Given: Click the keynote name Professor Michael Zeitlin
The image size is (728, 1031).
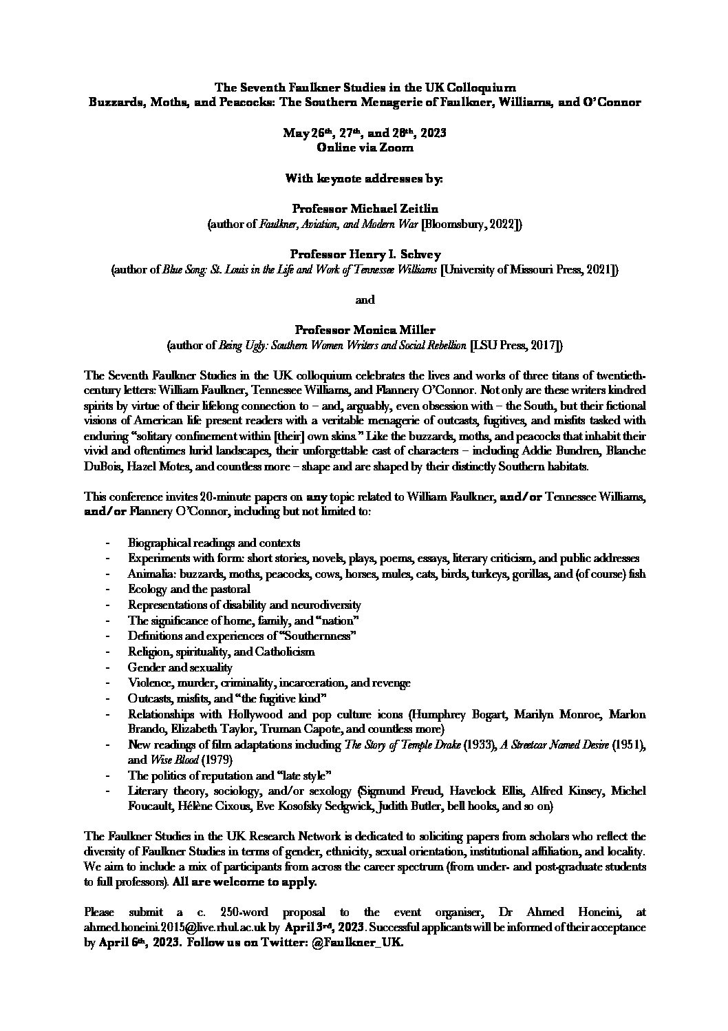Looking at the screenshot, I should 364,208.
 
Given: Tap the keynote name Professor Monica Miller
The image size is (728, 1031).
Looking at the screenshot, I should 364,330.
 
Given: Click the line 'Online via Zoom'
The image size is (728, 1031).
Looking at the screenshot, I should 364,147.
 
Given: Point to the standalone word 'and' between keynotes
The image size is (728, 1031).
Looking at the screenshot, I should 364,300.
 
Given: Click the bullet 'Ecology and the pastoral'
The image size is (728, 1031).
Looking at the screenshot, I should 189,589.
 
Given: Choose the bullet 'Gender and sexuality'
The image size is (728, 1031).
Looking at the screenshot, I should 180,667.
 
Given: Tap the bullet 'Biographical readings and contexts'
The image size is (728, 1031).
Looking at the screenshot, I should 213,543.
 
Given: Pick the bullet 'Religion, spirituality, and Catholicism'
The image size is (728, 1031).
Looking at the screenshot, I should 221,651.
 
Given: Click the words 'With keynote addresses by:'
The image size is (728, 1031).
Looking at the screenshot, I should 364,178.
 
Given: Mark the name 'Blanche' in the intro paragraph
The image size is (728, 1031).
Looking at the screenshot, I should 621,451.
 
